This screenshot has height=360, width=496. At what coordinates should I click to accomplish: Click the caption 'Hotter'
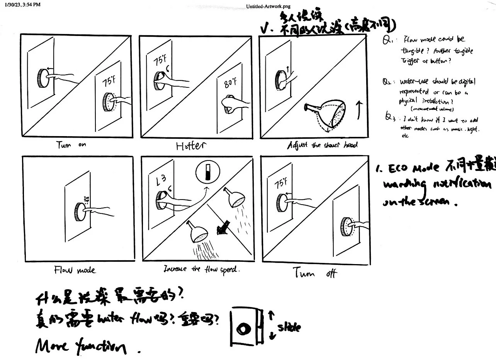(x=191, y=146)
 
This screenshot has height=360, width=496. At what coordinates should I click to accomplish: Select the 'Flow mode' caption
(x=75, y=270)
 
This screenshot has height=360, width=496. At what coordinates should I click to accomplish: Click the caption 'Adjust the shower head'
(x=322, y=145)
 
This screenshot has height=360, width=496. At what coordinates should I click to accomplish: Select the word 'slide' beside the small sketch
(x=288, y=328)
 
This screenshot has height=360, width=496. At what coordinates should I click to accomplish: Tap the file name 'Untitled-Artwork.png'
(x=268, y=6)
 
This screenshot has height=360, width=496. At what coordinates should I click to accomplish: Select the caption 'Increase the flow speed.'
(x=202, y=269)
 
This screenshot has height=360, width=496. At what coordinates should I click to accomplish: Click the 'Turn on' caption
(x=71, y=145)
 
